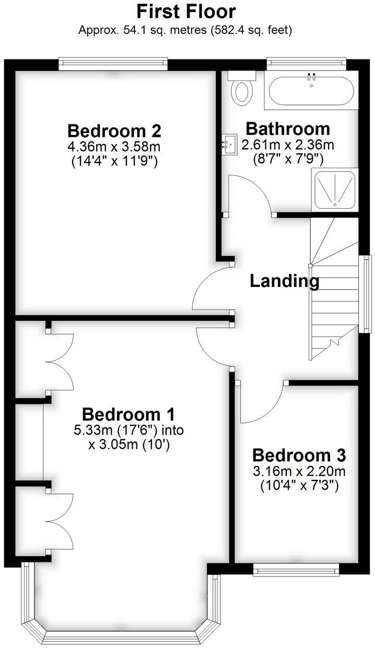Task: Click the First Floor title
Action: [186, 11]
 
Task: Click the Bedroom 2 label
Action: [114, 130]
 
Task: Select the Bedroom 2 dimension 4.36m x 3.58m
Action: [115, 146]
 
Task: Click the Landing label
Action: [284, 281]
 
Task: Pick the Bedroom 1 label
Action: [128, 415]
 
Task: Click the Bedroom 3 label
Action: [299, 455]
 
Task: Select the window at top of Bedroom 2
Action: [113, 64]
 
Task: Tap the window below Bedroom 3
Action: [296, 570]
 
